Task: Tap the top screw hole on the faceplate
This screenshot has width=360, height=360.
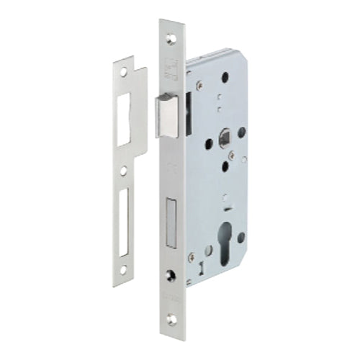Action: [x=171, y=33]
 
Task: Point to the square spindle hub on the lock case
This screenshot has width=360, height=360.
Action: [x=224, y=135]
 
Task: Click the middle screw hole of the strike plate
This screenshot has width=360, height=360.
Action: [x=124, y=171]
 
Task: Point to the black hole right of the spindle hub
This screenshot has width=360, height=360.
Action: [x=242, y=132]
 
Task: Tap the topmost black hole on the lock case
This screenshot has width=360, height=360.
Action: [x=225, y=75]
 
